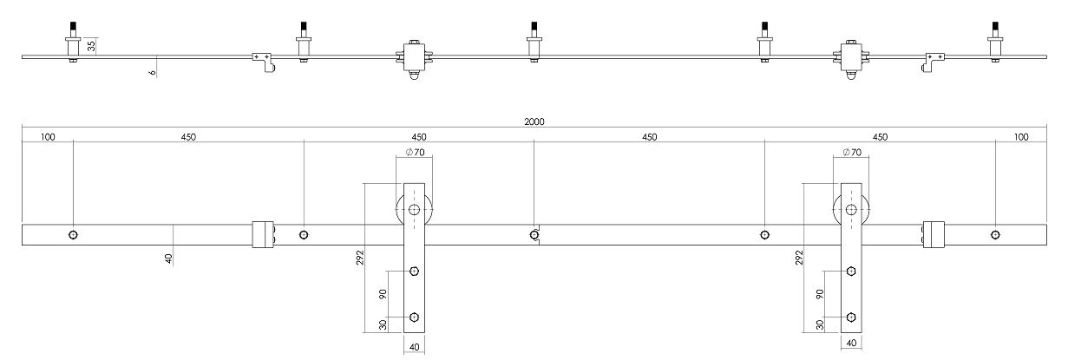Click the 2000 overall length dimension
534,122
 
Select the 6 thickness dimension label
153,74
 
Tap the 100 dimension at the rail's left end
48,137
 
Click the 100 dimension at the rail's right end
1020,137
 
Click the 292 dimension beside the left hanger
360,258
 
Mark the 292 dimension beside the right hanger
798,258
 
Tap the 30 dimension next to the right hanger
821,324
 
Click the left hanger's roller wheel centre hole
414,210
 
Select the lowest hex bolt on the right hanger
852,317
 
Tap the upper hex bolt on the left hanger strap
414,272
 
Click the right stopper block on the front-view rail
934,234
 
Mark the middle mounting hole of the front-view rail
534,234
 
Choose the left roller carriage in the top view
414,59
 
